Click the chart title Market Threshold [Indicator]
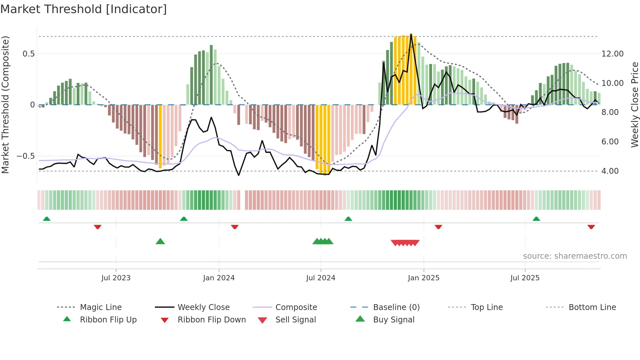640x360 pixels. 84,9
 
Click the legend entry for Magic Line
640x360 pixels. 101,307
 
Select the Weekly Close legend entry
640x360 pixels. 203,307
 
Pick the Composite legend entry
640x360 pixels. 296,307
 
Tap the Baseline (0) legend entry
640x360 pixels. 396,307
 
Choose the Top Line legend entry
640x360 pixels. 487,307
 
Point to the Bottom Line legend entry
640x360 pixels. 592,307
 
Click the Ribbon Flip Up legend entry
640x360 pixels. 108,320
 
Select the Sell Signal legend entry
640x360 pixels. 296,320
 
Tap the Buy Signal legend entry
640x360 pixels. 393,320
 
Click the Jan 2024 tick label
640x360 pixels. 219,278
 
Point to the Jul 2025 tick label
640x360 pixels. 525,278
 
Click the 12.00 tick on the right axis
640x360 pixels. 612,54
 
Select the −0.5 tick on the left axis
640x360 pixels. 26,156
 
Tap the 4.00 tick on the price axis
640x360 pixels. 610,171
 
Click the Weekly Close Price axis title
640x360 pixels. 634,105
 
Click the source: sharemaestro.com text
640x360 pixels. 575,256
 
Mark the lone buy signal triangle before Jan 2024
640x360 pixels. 160,242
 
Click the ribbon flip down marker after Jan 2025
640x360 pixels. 438,227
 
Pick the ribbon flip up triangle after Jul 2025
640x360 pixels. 536,219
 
